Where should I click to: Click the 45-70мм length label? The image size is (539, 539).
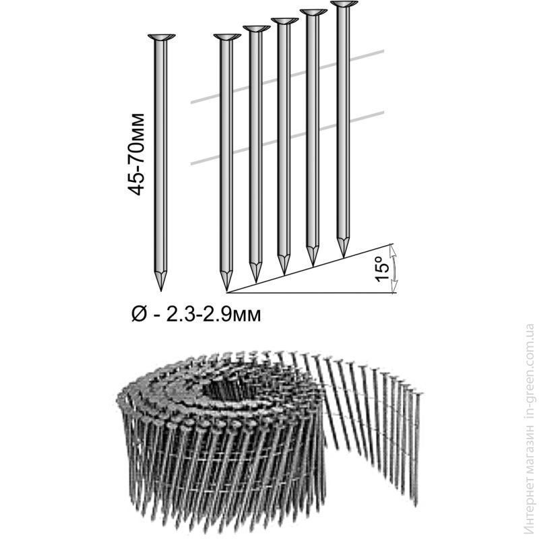click(x=135, y=154)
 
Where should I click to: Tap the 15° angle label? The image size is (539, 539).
click(x=382, y=269)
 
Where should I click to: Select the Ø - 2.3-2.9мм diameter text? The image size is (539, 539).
click(x=196, y=314)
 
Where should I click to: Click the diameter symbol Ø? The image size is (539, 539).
click(x=139, y=314)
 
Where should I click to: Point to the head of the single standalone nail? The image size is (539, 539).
click(x=161, y=37)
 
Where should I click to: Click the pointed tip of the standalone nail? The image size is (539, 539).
click(x=161, y=290)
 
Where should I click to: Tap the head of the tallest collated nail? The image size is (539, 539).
click(x=343, y=4)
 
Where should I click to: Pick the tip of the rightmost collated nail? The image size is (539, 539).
click(x=344, y=257)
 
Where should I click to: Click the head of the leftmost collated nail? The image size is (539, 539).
click(x=227, y=37)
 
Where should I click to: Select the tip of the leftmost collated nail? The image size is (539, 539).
click(x=226, y=290)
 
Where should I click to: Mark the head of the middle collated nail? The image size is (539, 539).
click(x=284, y=21)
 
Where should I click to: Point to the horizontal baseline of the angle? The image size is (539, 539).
click(x=311, y=293)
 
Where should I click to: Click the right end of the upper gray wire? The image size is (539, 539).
click(x=383, y=52)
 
